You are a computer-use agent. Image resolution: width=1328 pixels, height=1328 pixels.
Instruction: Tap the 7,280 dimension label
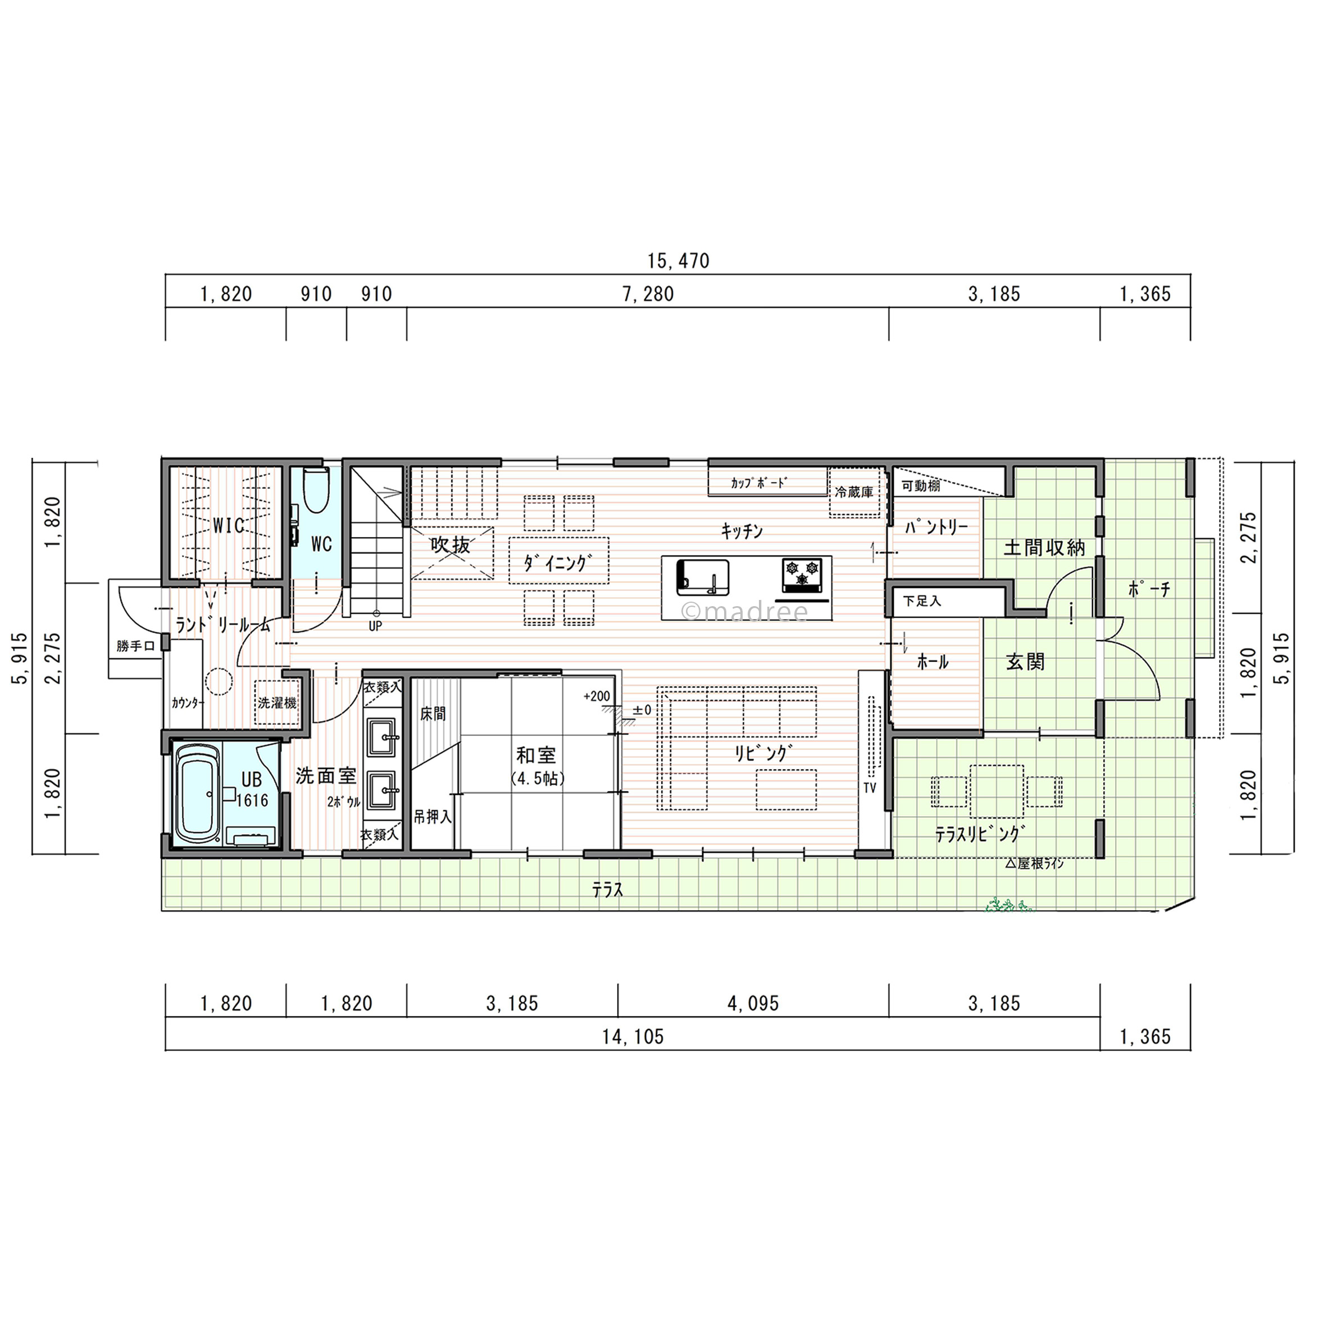point(648,294)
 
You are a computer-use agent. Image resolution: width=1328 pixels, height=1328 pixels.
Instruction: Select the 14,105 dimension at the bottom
point(633,1036)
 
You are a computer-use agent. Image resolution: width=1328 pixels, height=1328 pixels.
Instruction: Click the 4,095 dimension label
point(753,1003)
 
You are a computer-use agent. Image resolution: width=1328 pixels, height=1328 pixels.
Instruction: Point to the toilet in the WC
point(317,490)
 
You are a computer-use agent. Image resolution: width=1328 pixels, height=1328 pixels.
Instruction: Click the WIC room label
point(229,526)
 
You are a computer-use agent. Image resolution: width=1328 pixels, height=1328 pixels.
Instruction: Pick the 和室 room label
point(536,756)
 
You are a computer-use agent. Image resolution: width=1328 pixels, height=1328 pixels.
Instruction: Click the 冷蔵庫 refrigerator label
point(854,492)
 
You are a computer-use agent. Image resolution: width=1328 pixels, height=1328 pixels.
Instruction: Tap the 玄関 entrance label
point(1026,662)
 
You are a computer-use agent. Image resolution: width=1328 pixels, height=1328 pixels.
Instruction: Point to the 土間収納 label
point(1045,548)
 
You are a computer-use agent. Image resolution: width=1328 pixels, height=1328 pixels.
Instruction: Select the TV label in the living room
point(870,788)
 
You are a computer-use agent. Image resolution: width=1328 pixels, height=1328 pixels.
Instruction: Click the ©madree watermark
point(744,611)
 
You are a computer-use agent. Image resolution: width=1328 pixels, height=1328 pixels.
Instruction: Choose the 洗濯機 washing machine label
point(277,703)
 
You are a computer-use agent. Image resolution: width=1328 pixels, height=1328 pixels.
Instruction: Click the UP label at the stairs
point(375,626)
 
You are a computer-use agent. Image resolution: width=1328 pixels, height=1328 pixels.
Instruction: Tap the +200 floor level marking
point(597,697)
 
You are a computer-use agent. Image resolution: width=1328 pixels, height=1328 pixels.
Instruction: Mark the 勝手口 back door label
point(135,646)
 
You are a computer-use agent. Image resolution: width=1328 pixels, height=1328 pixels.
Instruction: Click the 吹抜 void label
point(451,545)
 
